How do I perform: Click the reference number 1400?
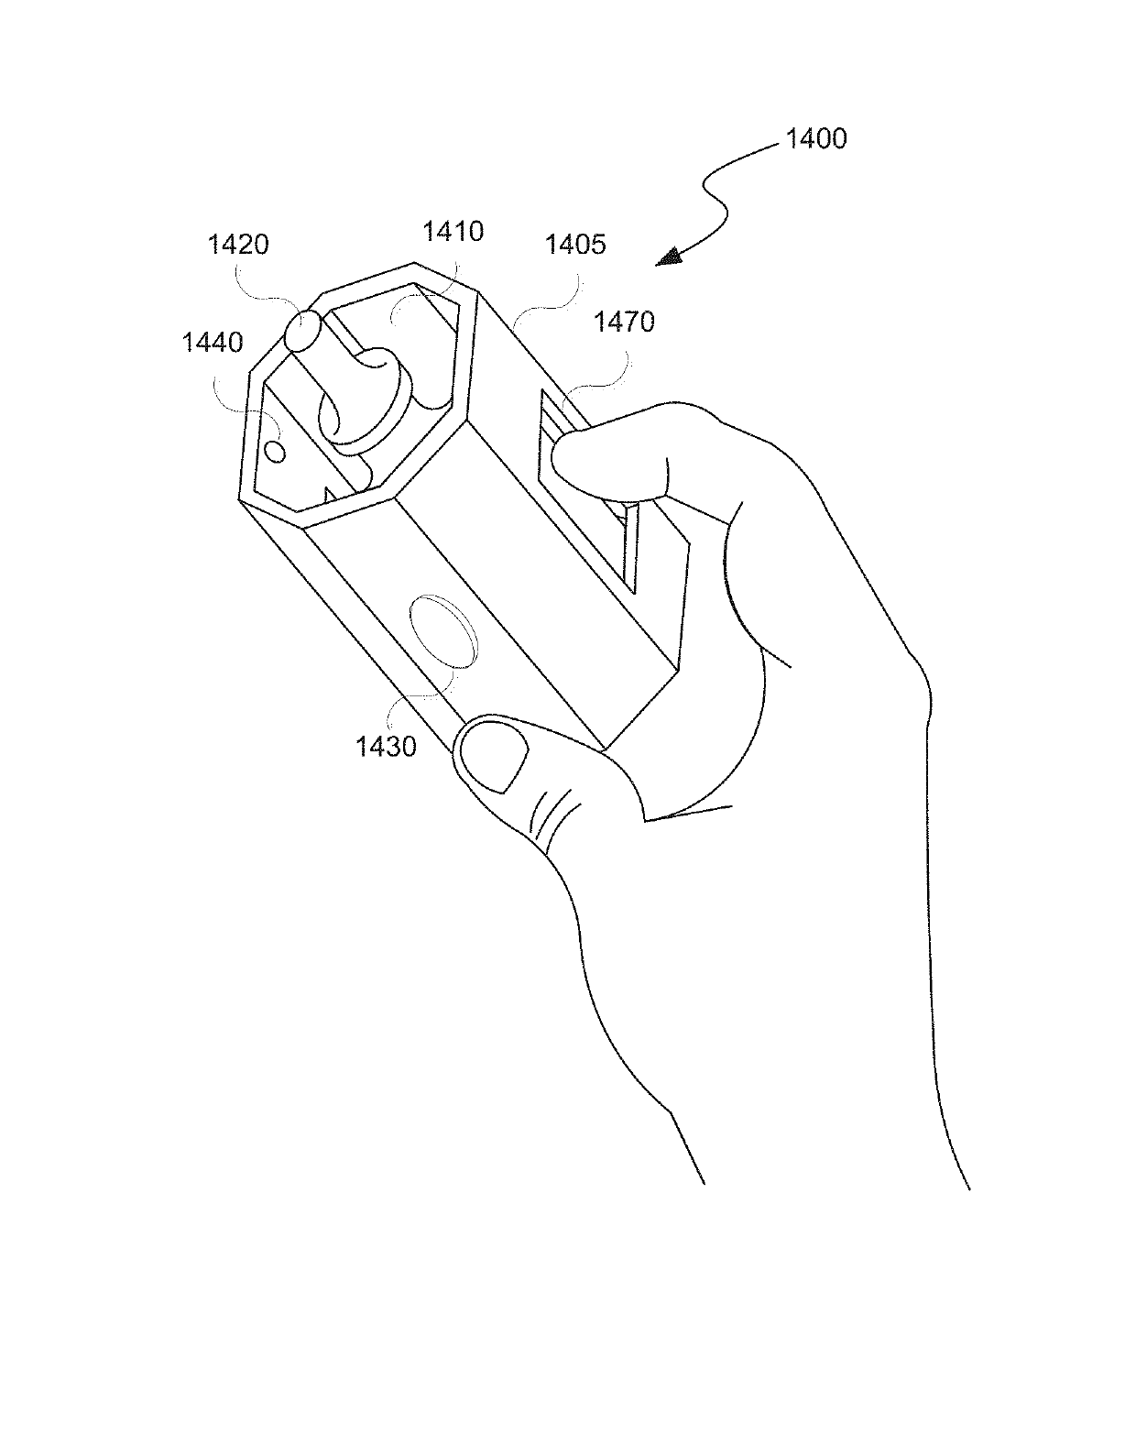click(815, 139)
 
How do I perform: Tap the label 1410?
click(453, 231)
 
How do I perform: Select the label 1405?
click(575, 245)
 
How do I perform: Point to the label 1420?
click(238, 245)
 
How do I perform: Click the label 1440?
click(213, 343)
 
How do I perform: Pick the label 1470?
click(624, 322)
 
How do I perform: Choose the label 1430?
click(386, 746)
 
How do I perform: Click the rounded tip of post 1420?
click(301, 331)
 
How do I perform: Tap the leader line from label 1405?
click(545, 302)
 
